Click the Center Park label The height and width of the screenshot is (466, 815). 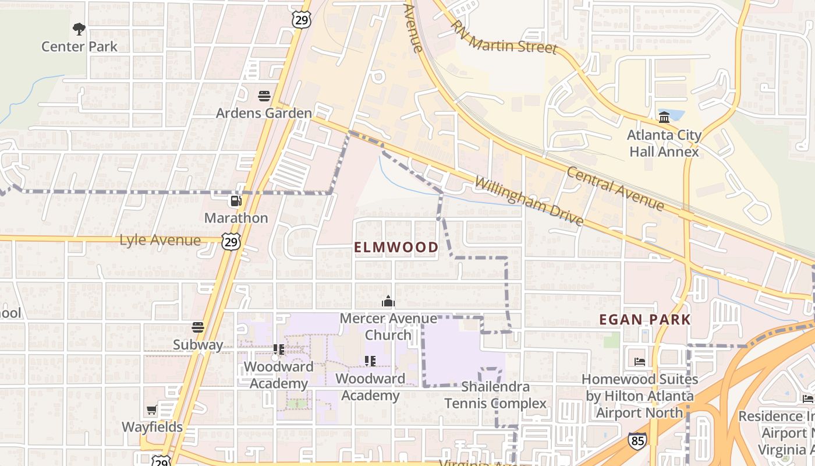point(79,47)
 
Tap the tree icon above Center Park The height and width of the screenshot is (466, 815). point(79,29)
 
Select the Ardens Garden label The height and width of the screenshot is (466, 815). point(264,113)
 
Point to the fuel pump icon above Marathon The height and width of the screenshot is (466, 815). point(236,201)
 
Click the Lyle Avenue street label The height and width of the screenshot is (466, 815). point(160,240)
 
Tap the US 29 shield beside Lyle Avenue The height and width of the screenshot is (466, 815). point(231,241)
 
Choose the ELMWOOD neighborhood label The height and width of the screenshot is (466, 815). point(396,247)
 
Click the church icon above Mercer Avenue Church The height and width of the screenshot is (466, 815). point(388,301)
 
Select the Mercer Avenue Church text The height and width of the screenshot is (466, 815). point(388,327)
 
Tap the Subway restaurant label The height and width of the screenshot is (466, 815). point(198,345)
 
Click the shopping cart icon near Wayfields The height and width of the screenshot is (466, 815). point(152,410)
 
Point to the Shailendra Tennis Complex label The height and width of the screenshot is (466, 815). point(495,395)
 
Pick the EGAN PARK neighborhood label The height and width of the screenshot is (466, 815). point(645,319)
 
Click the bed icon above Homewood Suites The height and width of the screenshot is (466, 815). point(640,361)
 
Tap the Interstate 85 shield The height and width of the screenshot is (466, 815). point(637,440)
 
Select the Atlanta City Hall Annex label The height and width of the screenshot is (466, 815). point(664,143)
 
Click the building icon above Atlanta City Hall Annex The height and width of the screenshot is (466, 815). point(664,118)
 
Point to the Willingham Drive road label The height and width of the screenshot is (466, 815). point(529,201)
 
